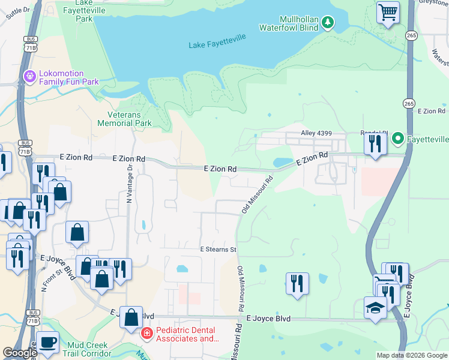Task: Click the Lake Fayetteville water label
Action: (217, 45)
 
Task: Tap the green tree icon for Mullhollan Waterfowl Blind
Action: (327, 23)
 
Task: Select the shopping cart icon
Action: (388, 11)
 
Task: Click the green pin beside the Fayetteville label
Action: (397, 139)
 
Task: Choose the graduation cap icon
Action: (375, 308)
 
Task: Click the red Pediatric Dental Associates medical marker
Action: (146, 333)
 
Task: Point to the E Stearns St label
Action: (218, 249)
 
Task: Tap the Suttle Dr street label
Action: (17, 13)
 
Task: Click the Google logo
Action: (20, 353)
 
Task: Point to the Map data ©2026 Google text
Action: (411, 355)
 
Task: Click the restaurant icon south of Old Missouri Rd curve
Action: (297, 283)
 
